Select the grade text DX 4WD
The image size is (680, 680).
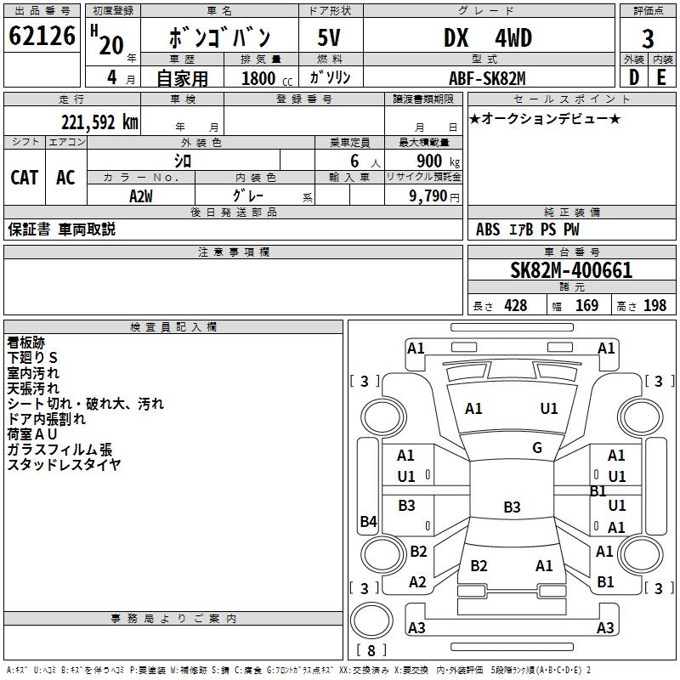[x=488, y=38]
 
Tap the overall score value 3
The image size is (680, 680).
[x=648, y=39]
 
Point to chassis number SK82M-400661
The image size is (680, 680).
[x=571, y=271]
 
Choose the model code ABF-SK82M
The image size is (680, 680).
[x=488, y=78]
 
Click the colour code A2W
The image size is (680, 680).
[x=141, y=196]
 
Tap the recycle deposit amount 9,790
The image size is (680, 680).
[x=433, y=196]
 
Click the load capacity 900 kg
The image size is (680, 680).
[x=433, y=161]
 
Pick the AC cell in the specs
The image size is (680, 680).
[x=65, y=178]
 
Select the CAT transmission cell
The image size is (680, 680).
[x=24, y=178]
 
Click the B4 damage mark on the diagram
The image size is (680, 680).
[x=368, y=522]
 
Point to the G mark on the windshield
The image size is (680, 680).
[x=537, y=448]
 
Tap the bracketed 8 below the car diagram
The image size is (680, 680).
[x=371, y=651]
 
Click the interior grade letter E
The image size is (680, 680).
[x=661, y=78]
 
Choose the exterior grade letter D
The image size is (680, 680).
[x=633, y=78]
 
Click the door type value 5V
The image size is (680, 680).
[x=329, y=38]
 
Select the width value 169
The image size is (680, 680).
[x=586, y=306]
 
